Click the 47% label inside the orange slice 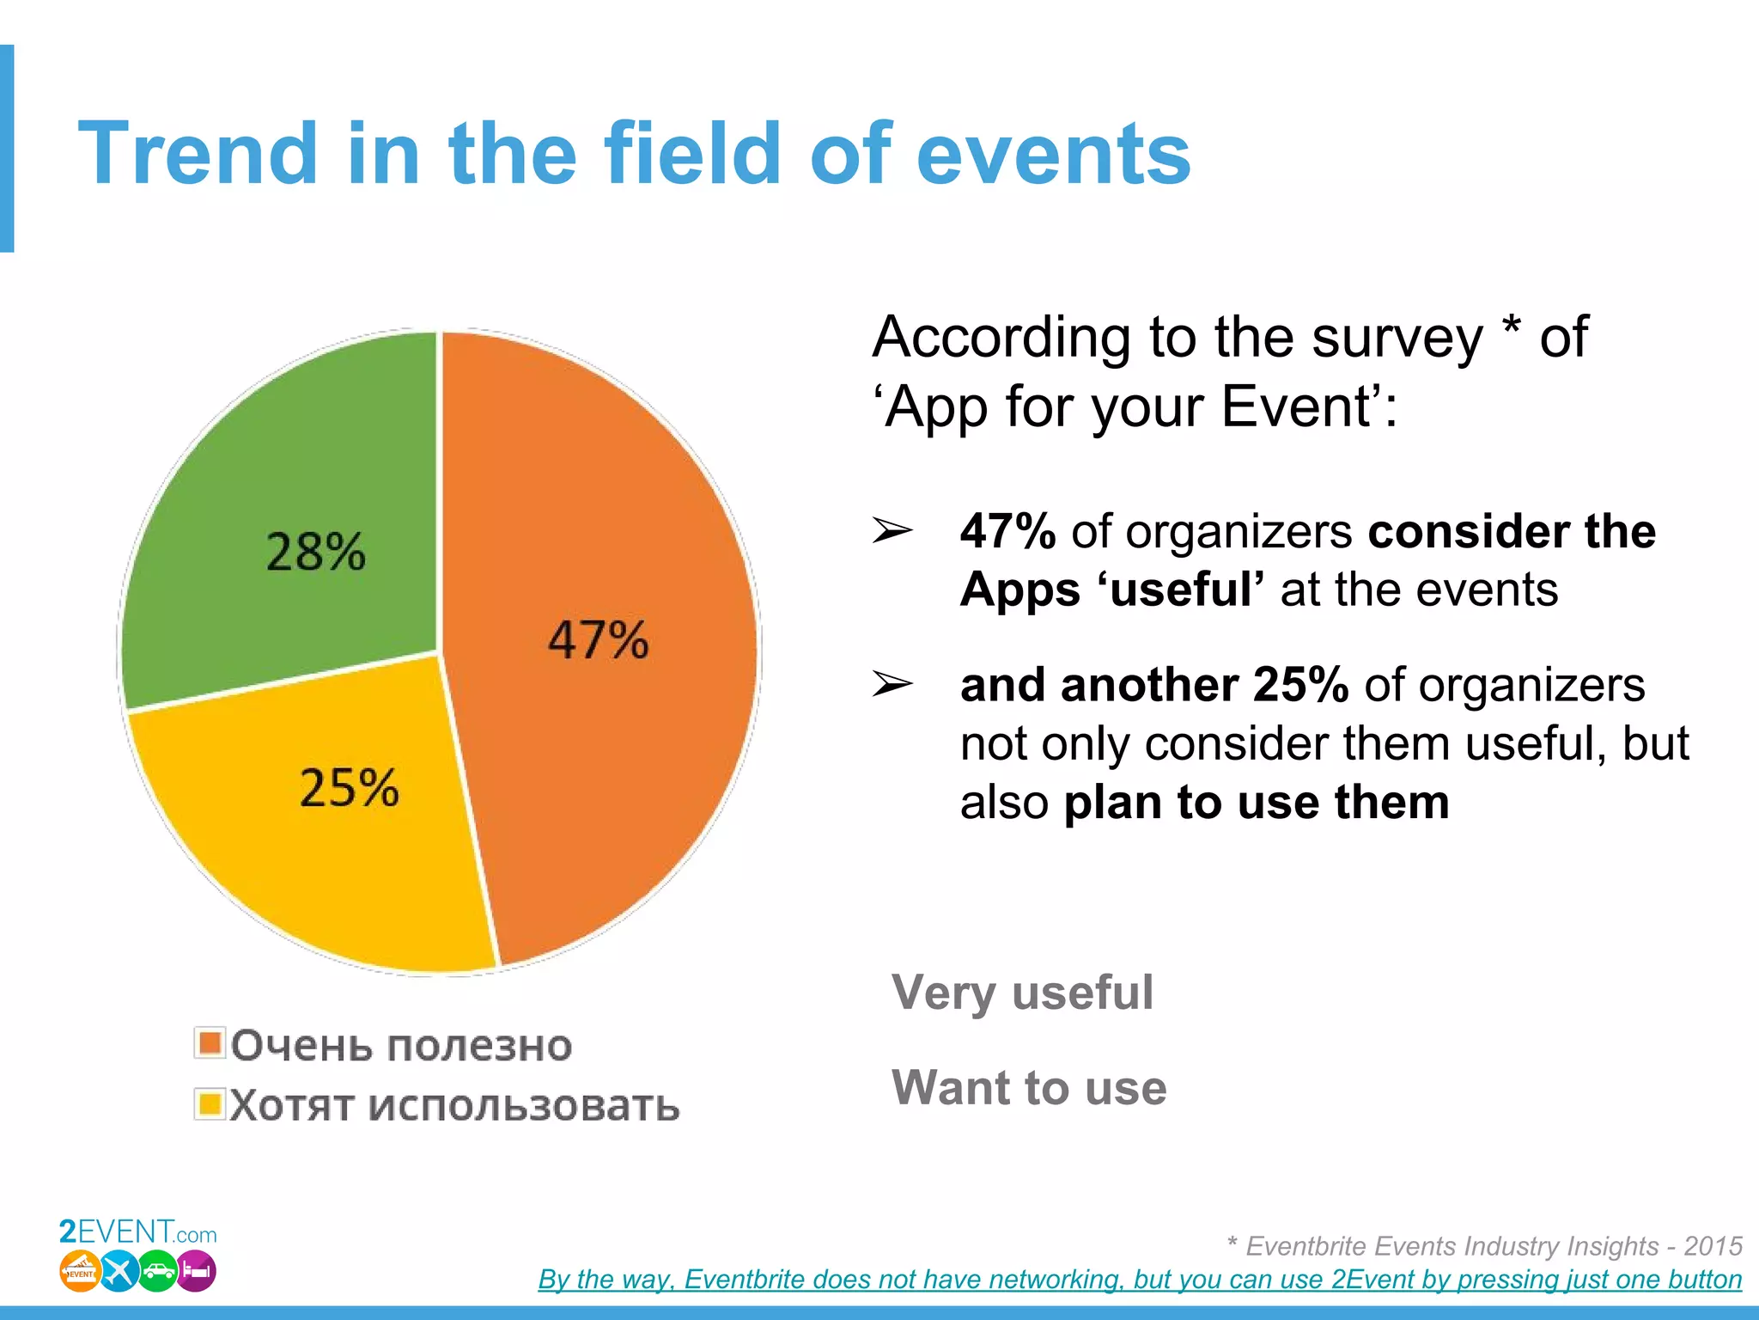599,640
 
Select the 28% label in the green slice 315,552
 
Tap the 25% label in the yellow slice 349,787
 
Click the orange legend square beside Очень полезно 210,1043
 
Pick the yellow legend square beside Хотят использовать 210,1104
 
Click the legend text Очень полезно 401,1046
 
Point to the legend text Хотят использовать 454,1106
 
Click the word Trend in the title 198,154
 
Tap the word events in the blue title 1053,154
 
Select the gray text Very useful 1022,993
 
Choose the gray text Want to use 1029,1087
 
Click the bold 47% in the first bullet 1007,531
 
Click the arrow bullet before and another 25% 892,685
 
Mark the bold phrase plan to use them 1256,802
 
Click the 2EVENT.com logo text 137,1233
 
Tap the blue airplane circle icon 119,1272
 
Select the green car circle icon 158,1272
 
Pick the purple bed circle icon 197,1272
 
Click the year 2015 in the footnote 1713,1245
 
